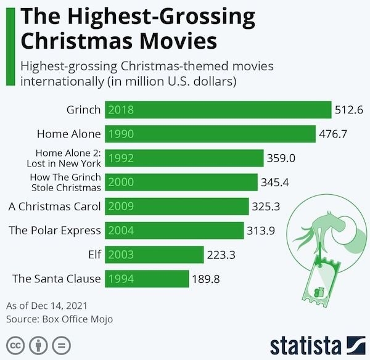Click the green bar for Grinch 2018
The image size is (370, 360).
coord(218,110)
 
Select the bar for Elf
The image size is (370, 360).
coord(154,255)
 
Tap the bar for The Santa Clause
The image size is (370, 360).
coord(147,279)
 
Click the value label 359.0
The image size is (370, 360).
coord(281,158)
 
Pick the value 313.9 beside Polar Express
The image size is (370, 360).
coord(261,231)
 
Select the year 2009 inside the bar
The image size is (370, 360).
coord(121,207)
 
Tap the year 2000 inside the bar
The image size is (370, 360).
coord(121,182)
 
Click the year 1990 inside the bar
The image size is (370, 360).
coord(121,134)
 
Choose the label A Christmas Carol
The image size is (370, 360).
coord(54,207)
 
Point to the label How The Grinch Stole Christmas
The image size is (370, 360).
coord(65,182)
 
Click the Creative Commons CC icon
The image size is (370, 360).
coord(17,343)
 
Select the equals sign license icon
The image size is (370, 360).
coord(60,343)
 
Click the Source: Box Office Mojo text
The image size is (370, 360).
coord(59,319)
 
